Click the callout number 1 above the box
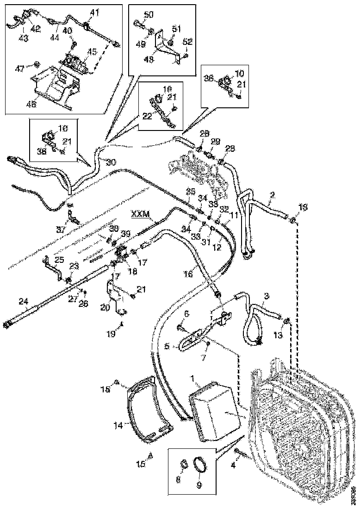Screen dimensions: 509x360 [x=191, y=379]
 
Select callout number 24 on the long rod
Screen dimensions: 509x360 [x=24, y=301]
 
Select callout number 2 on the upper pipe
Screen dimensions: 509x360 [x=272, y=195]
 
